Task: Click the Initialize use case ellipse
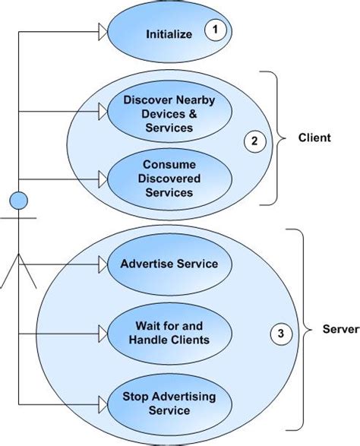click(x=169, y=32)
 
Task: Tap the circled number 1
click(x=216, y=30)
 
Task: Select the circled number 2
click(x=254, y=141)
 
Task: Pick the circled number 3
click(x=281, y=334)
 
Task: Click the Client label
click(x=314, y=138)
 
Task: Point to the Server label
click(x=341, y=329)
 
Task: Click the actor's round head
click(x=19, y=201)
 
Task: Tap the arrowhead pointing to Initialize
click(x=103, y=32)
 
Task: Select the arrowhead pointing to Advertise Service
click(x=103, y=264)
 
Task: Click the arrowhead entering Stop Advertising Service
click(x=103, y=404)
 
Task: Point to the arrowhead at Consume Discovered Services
click(x=103, y=179)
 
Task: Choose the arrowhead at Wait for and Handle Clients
click(x=103, y=334)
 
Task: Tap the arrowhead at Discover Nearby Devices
click(x=103, y=112)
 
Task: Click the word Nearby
click(x=196, y=100)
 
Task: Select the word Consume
click(x=169, y=164)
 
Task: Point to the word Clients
click(x=190, y=340)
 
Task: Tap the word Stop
click(x=135, y=397)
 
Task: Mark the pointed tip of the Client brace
click(x=286, y=138)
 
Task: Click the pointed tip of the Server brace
click(x=311, y=330)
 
